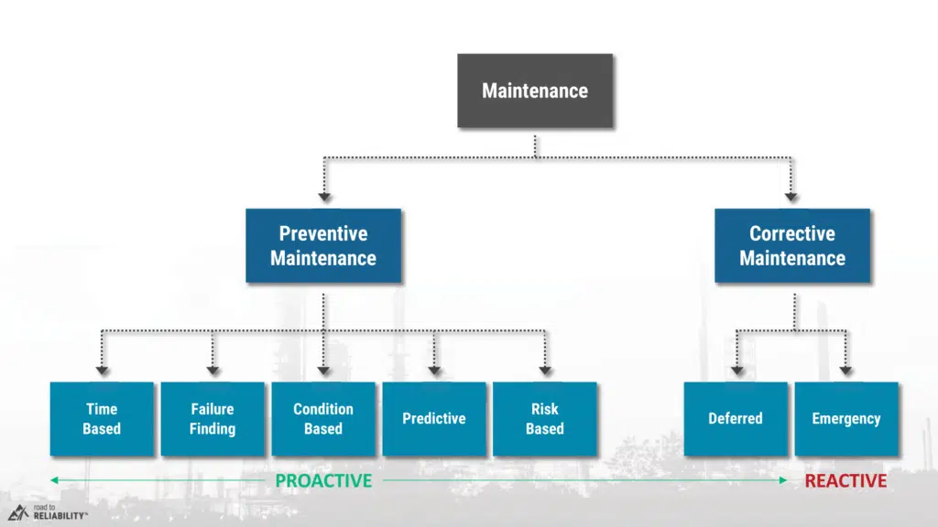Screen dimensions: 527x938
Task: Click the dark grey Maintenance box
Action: coord(535,91)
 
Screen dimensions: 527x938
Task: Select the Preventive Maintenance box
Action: coord(323,245)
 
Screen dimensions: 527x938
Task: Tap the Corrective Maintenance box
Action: coord(792,245)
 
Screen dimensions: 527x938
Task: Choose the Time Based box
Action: coord(102,419)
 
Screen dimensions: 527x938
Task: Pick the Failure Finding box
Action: coord(213,419)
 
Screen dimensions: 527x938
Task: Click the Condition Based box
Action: coord(323,419)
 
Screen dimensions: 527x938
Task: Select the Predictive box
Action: coord(434,419)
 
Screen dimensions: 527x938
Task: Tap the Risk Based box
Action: coord(545,419)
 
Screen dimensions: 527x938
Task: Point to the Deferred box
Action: coord(736,419)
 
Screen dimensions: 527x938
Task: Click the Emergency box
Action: coord(846,419)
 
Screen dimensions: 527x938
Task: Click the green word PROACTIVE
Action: coord(323,480)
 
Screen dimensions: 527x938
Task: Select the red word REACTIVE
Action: coord(845,480)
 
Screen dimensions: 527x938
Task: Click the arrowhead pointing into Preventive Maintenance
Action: coord(323,196)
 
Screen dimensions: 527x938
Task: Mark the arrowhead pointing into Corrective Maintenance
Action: coord(792,196)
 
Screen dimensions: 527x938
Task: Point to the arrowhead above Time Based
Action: coord(102,370)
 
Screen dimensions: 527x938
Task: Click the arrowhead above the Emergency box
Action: coord(846,370)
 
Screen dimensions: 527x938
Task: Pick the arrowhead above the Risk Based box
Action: coord(545,370)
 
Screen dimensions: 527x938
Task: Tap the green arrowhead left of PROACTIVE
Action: coord(54,479)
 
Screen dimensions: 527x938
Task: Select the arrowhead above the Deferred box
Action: coord(736,370)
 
